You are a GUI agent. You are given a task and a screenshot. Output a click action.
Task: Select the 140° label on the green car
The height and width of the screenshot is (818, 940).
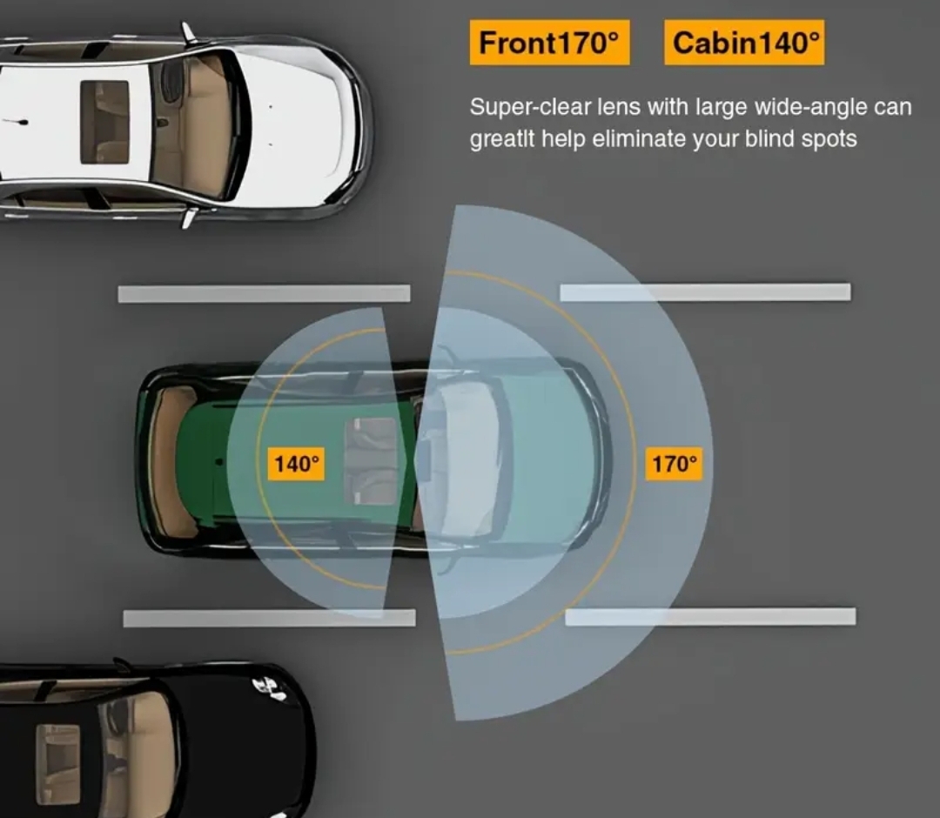tap(295, 464)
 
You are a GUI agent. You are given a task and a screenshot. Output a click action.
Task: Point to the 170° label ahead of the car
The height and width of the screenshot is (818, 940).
tap(675, 464)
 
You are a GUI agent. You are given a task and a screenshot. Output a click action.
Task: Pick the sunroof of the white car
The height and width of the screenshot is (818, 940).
tap(104, 122)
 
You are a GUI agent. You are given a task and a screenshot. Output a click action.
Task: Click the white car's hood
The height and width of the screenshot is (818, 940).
tap(300, 122)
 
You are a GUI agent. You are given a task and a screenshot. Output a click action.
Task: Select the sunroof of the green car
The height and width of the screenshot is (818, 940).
tap(373, 461)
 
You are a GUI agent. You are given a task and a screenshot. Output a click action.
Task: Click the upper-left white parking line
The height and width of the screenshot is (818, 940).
tap(264, 294)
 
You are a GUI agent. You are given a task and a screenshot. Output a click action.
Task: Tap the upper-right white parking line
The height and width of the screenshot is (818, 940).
tap(705, 292)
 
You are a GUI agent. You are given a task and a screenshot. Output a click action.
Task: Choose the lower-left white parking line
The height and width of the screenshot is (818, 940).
tap(269, 618)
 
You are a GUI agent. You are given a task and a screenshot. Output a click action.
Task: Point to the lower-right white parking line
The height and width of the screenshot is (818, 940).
tap(710, 617)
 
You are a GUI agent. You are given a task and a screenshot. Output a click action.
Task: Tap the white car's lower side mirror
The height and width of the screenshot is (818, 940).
tap(187, 218)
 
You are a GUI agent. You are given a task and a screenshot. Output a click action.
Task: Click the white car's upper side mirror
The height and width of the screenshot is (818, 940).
tap(187, 32)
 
